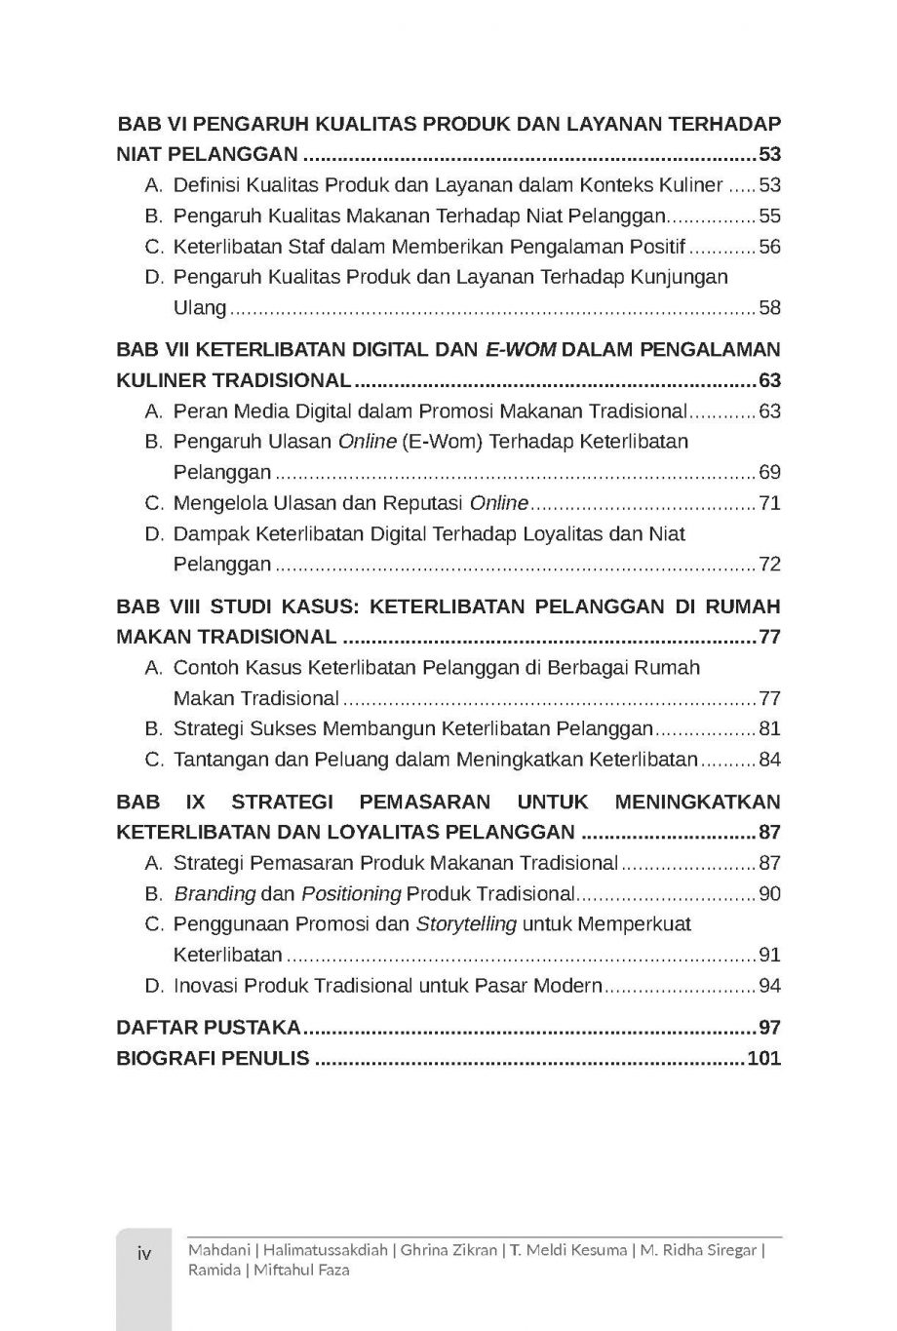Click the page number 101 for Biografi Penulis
click(x=763, y=1058)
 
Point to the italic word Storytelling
click(x=466, y=923)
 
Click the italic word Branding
click(x=214, y=893)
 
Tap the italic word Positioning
click(x=351, y=893)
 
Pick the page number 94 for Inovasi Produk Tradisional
click(x=770, y=986)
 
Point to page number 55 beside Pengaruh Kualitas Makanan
click(x=770, y=216)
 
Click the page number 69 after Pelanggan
click(x=770, y=473)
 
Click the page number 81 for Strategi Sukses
click(x=770, y=728)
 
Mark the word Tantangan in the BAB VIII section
click(x=214, y=760)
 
